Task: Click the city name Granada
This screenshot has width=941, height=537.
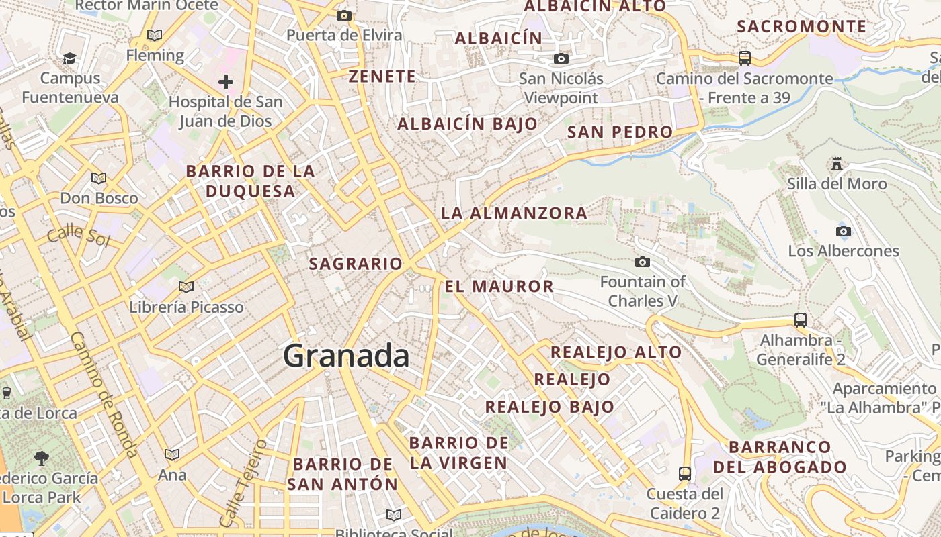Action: coord(346,356)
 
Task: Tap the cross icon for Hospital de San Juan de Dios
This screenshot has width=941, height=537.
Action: coord(226,83)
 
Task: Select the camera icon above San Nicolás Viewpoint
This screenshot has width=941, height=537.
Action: coord(561,59)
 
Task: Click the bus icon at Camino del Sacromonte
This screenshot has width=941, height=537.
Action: coord(744,58)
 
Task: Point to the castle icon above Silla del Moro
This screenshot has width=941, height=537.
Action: coord(837,163)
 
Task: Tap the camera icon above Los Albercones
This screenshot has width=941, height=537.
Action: coord(844,232)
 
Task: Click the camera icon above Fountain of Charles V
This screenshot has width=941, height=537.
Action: coord(643,262)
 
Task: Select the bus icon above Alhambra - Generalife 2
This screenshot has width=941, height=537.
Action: coord(800,320)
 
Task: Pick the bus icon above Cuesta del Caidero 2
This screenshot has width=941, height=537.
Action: coord(684,474)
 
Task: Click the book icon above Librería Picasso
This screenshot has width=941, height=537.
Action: coord(186,287)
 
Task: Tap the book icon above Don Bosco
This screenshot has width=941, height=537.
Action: coord(99,179)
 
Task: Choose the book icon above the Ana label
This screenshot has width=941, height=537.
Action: coord(172,455)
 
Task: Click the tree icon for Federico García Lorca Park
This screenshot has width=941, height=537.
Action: coord(42,458)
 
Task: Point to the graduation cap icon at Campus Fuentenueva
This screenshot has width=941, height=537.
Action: coord(69,59)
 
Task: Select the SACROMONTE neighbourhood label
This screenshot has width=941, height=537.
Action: coord(802,27)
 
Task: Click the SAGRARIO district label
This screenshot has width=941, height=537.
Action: coord(355,264)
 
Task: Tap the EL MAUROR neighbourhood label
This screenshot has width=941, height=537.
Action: coord(499,287)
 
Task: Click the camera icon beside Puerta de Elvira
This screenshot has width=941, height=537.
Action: coord(344,15)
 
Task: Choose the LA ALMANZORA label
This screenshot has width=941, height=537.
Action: coord(514,213)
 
